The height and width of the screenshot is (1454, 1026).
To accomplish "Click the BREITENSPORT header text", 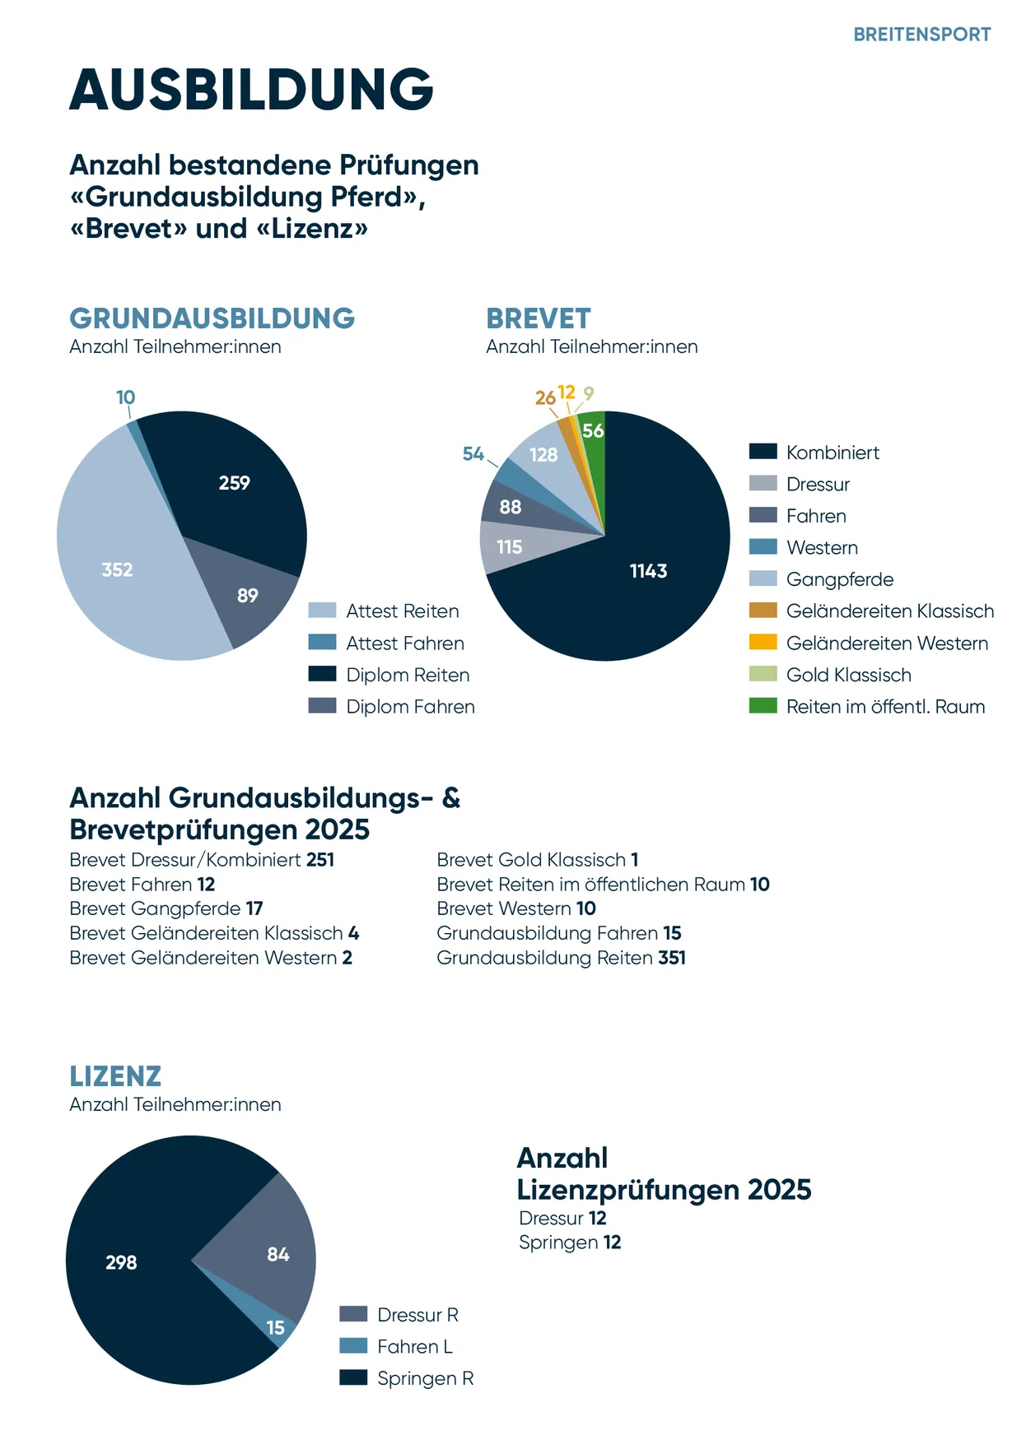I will (921, 35).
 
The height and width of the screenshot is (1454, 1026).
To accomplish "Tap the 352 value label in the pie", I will (117, 569).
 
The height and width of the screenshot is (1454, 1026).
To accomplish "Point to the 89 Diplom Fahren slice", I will (248, 595).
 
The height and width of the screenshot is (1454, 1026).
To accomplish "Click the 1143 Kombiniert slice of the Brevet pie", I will (648, 571).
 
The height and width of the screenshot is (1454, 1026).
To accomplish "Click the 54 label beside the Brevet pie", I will (473, 453).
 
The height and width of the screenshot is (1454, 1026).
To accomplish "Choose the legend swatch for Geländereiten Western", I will (763, 643).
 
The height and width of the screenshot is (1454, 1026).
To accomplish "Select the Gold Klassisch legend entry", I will (848, 675).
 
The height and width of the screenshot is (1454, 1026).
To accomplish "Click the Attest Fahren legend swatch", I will (322, 643).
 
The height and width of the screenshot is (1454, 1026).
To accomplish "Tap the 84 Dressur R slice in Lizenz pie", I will (277, 1254).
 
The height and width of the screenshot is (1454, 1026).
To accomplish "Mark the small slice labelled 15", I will (276, 1327).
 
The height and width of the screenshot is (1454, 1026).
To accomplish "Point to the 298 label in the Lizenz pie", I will (121, 1262).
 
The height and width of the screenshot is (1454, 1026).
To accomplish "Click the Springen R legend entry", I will (425, 1378).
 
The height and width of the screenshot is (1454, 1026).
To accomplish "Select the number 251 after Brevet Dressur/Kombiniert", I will (320, 860).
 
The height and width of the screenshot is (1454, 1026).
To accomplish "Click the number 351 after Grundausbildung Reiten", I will (672, 958).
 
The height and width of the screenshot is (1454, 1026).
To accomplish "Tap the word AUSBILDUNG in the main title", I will (251, 89).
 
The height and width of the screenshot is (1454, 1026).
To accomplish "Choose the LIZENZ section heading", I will (115, 1076).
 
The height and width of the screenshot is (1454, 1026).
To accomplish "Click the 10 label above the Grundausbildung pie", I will (125, 397).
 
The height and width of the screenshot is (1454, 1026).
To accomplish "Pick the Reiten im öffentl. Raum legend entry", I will (885, 707).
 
